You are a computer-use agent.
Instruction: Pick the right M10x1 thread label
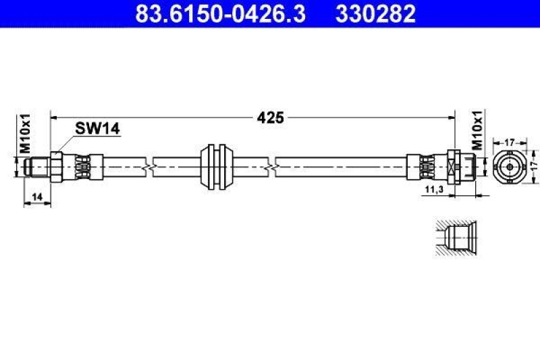tap(477, 130)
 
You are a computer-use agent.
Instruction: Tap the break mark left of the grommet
tap(150, 164)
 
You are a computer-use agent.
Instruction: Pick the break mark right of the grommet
tap(271, 164)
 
